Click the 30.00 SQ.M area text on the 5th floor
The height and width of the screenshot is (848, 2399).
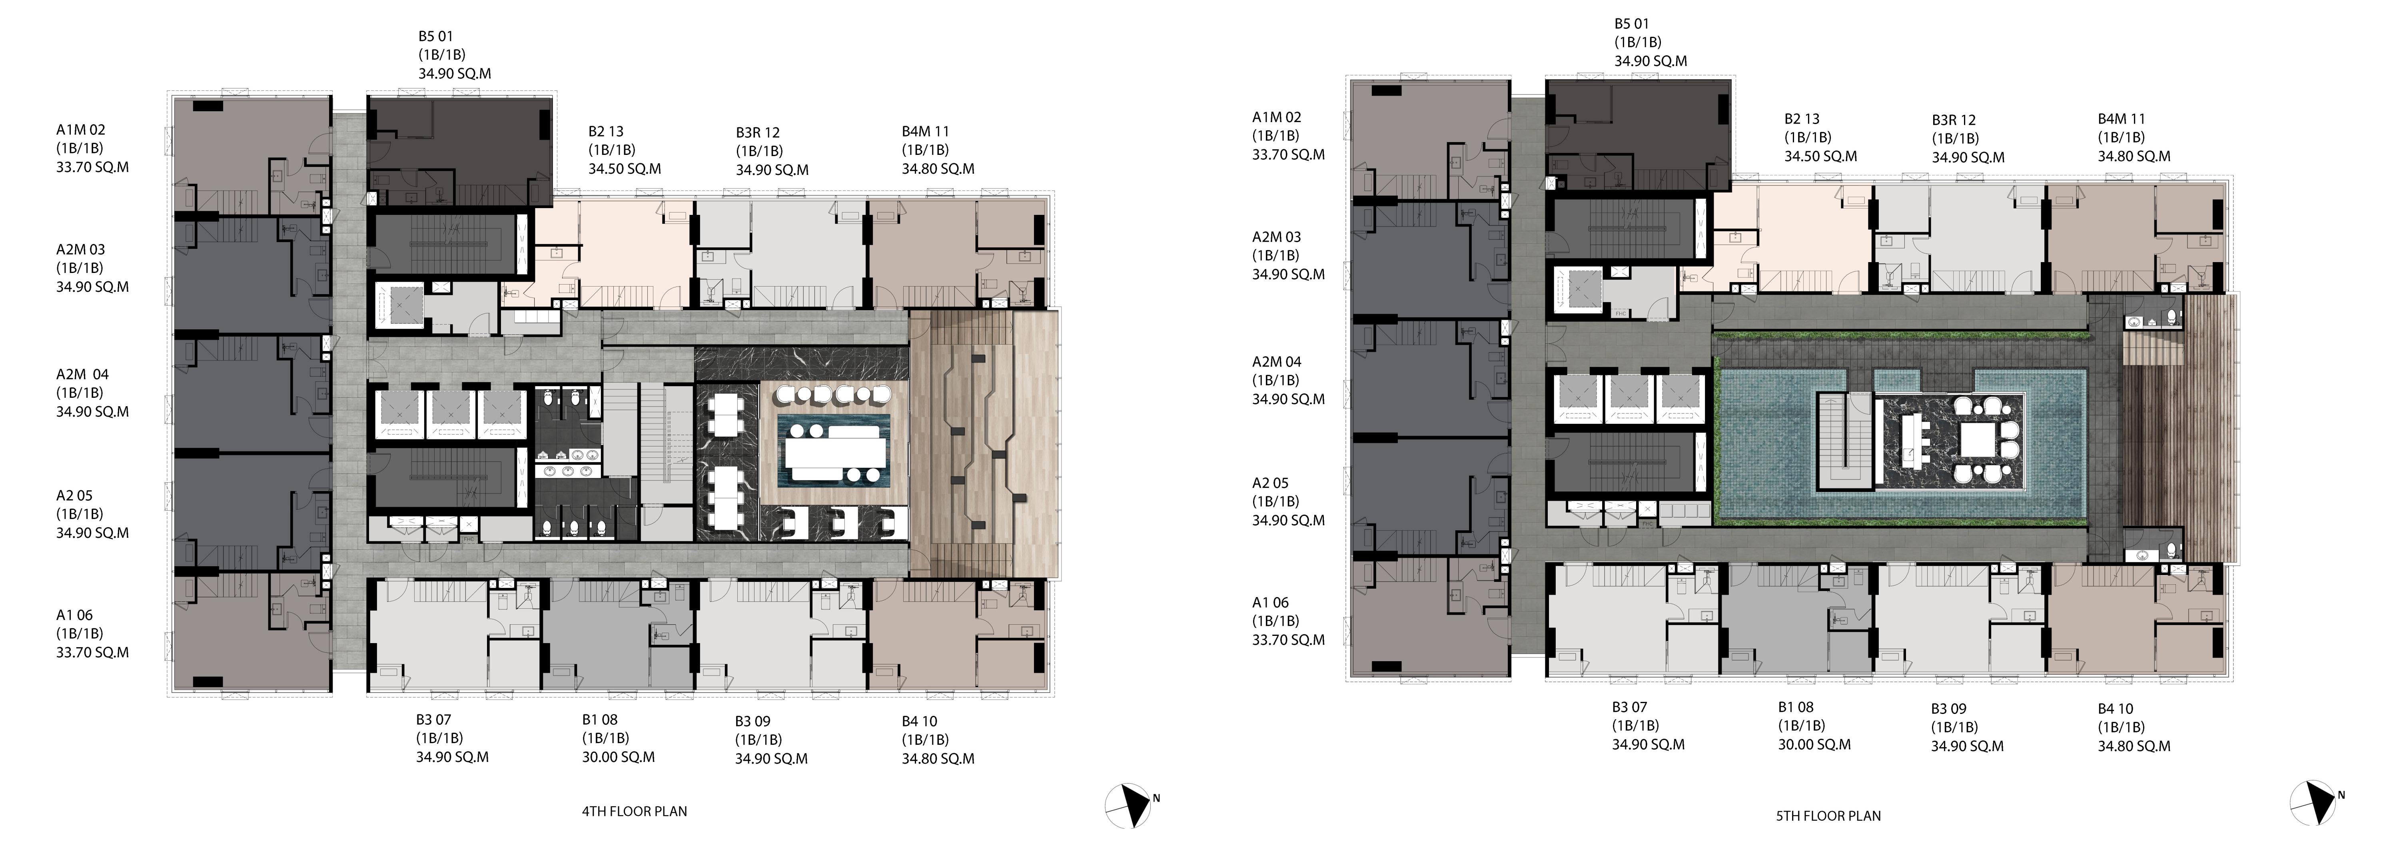pos(1814,745)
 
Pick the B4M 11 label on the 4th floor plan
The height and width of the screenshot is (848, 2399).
pos(925,131)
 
